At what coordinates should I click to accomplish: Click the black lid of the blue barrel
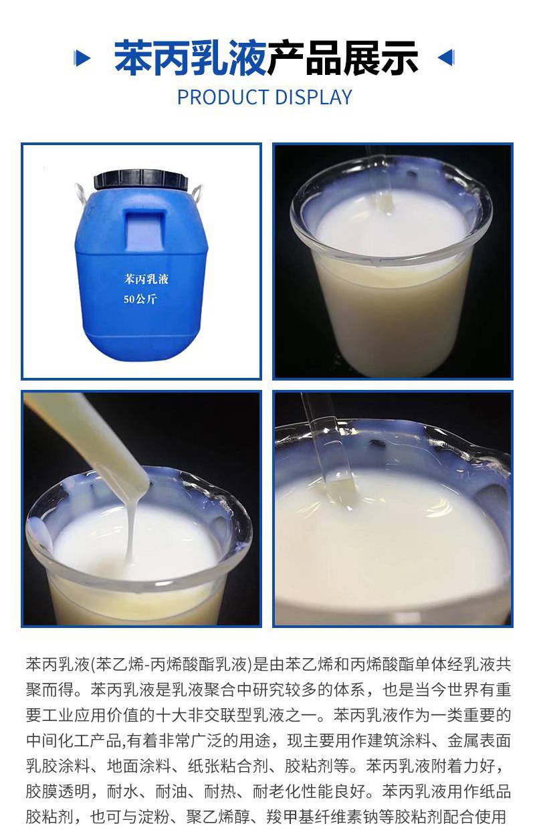[140, 179]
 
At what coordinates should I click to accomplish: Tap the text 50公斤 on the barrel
[140, 299]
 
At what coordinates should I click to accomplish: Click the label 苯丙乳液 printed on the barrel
[146, 279]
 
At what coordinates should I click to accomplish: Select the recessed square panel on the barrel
[146, 227]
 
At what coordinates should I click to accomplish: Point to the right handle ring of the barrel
[197, 192]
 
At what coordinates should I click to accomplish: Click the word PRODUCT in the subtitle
[222, 98]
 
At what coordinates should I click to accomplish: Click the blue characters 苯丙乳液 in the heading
[191, 58]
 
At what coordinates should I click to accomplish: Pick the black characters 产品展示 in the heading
[342, 58]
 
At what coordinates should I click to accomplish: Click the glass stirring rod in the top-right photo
[380, 179]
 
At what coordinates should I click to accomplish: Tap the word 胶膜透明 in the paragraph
[58, 791]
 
